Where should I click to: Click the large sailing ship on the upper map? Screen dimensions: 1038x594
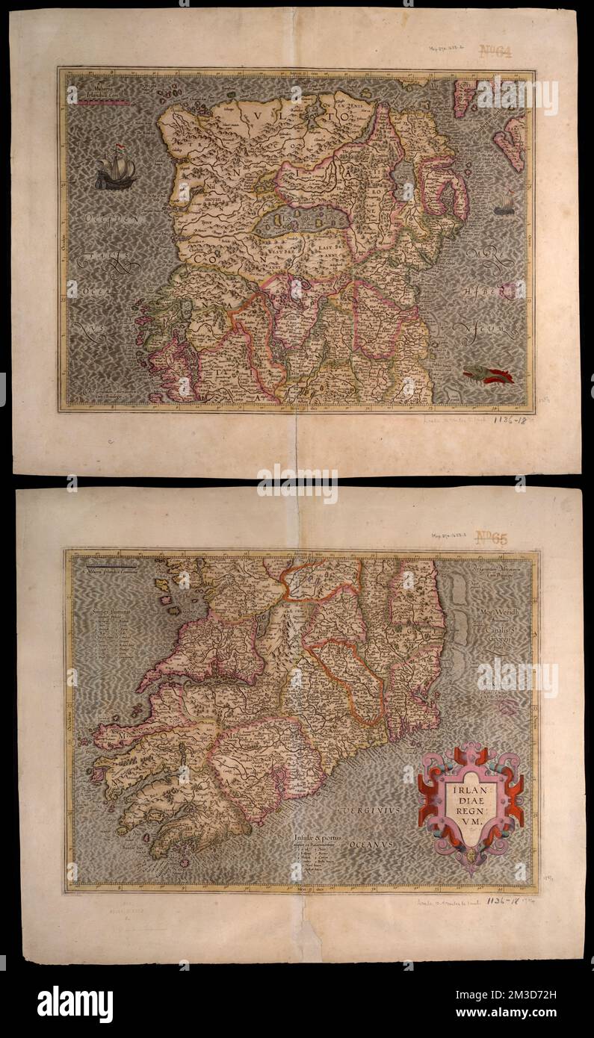(115, 170)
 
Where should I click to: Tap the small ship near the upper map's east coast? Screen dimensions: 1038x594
(504, 202)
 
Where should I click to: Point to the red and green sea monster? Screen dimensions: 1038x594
(489, 375)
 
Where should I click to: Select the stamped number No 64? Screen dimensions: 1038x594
(495, 52)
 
